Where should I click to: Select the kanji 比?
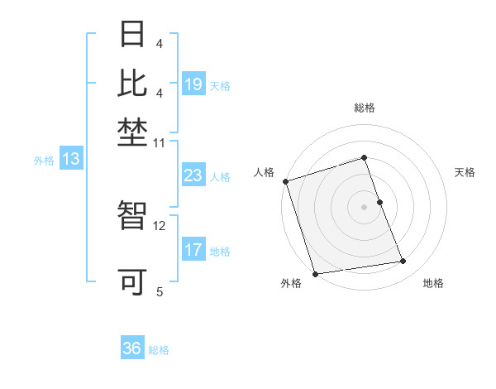pyautogui.click(x=133, y=83)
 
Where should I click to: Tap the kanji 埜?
pyautogui.click(x=133, y=131)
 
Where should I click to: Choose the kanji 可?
pyautogui.click(x=133, y=282)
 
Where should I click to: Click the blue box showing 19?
pyautogui.click(x=193, y=84)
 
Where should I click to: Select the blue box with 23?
pyautogui.click(x=193, y=175)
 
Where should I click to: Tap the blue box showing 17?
pyautogui.click(x=193, y=250)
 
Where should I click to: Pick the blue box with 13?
pyautogui.click(x=71, y=160)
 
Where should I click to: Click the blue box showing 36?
pyautogui.click(x=132, y=348)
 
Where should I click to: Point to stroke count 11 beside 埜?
pyautogui.click(x=160, y=143)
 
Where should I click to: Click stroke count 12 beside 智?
pyautogui.click(x=160, y=225)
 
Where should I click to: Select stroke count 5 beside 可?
pyautogui.click(x=160, y=291)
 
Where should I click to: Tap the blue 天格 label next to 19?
pyautogui.click(x=220, y=85)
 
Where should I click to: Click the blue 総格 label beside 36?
pyautogui.click(x=159, y=350)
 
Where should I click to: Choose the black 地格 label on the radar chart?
pyautogui.click(x=433, y=283)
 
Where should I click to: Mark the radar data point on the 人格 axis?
pyautogui.click(x=285, y=181)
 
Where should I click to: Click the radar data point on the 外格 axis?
pyautogui.click(x=315, y=274)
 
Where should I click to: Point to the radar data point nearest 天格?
pyautogui.click(x=379, y=202)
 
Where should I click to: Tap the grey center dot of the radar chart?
pyautogui.click(x=364, y=207)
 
